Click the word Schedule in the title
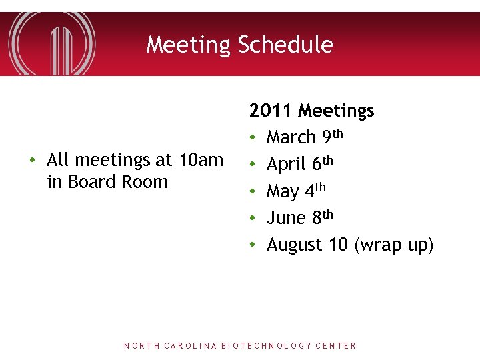[285, 45]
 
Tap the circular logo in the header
[52, 43]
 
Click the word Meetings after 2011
[337, 111]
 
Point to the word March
[291, 137]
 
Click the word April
[286, 165]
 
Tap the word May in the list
[283, 192]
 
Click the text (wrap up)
[394, 245]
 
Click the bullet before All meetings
[32, 161]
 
